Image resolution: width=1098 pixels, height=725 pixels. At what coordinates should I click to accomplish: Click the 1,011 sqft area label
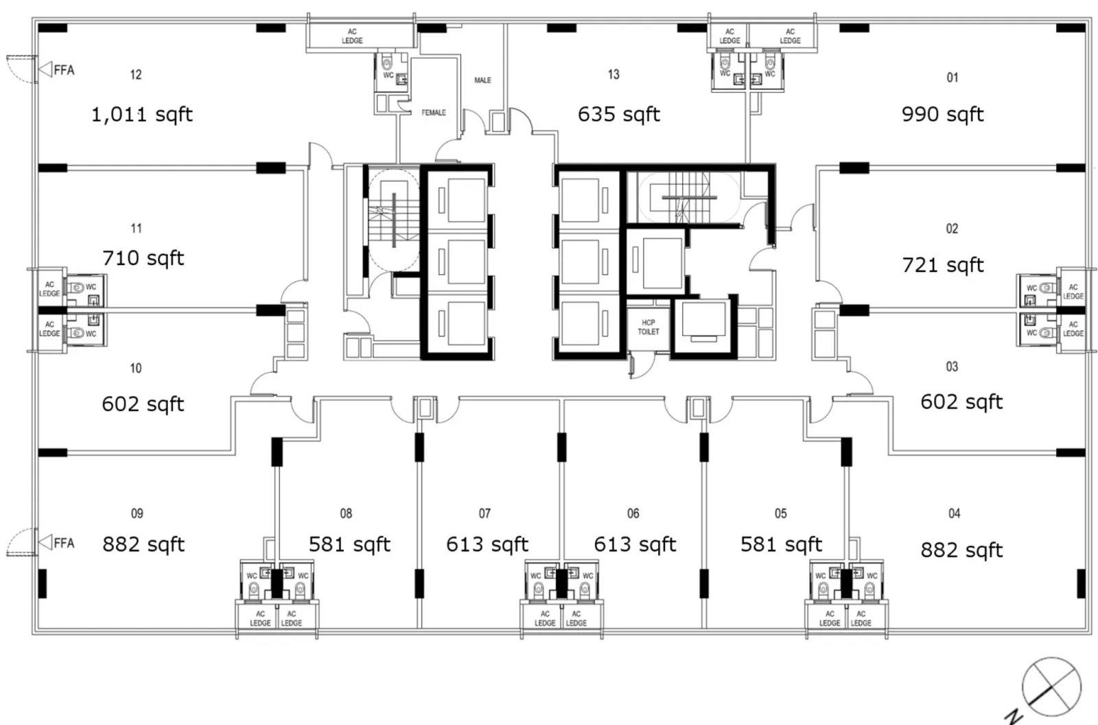point(142,115)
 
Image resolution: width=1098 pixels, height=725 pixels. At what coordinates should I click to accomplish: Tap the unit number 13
point(614,75)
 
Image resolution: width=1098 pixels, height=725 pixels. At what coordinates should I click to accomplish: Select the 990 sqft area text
point(943,115)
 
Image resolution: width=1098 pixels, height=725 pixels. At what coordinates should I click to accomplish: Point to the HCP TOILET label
point(648,327)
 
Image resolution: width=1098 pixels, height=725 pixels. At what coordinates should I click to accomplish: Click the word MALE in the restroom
point(483,80)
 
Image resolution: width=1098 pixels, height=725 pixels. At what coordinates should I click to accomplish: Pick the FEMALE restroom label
point(434,113)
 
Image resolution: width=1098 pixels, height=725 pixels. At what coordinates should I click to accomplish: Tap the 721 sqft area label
point(943,266)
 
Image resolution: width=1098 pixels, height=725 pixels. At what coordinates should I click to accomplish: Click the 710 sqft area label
point(143,258)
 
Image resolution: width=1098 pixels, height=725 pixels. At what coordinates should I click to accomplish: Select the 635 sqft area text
point(618,115)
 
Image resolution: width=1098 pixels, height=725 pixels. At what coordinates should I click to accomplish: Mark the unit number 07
point(484,514)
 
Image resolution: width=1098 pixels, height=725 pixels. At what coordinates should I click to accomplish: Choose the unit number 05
point(781,514)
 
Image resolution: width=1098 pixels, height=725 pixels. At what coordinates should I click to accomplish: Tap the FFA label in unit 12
point(65,70)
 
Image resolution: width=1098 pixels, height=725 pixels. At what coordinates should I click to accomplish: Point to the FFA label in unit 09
point(65,543)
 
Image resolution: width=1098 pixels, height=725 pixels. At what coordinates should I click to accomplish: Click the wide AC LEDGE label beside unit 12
point(352,36)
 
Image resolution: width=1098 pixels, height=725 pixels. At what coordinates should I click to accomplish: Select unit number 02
point(952,229)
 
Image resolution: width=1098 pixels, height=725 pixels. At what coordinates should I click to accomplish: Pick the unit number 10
point(136,369)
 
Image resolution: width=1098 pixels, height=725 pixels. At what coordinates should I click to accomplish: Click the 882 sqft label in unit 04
point(961,551)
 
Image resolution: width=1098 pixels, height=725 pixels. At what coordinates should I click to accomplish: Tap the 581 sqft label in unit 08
point(349,544)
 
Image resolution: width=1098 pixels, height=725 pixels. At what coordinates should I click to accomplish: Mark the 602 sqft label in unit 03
point(961,402)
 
